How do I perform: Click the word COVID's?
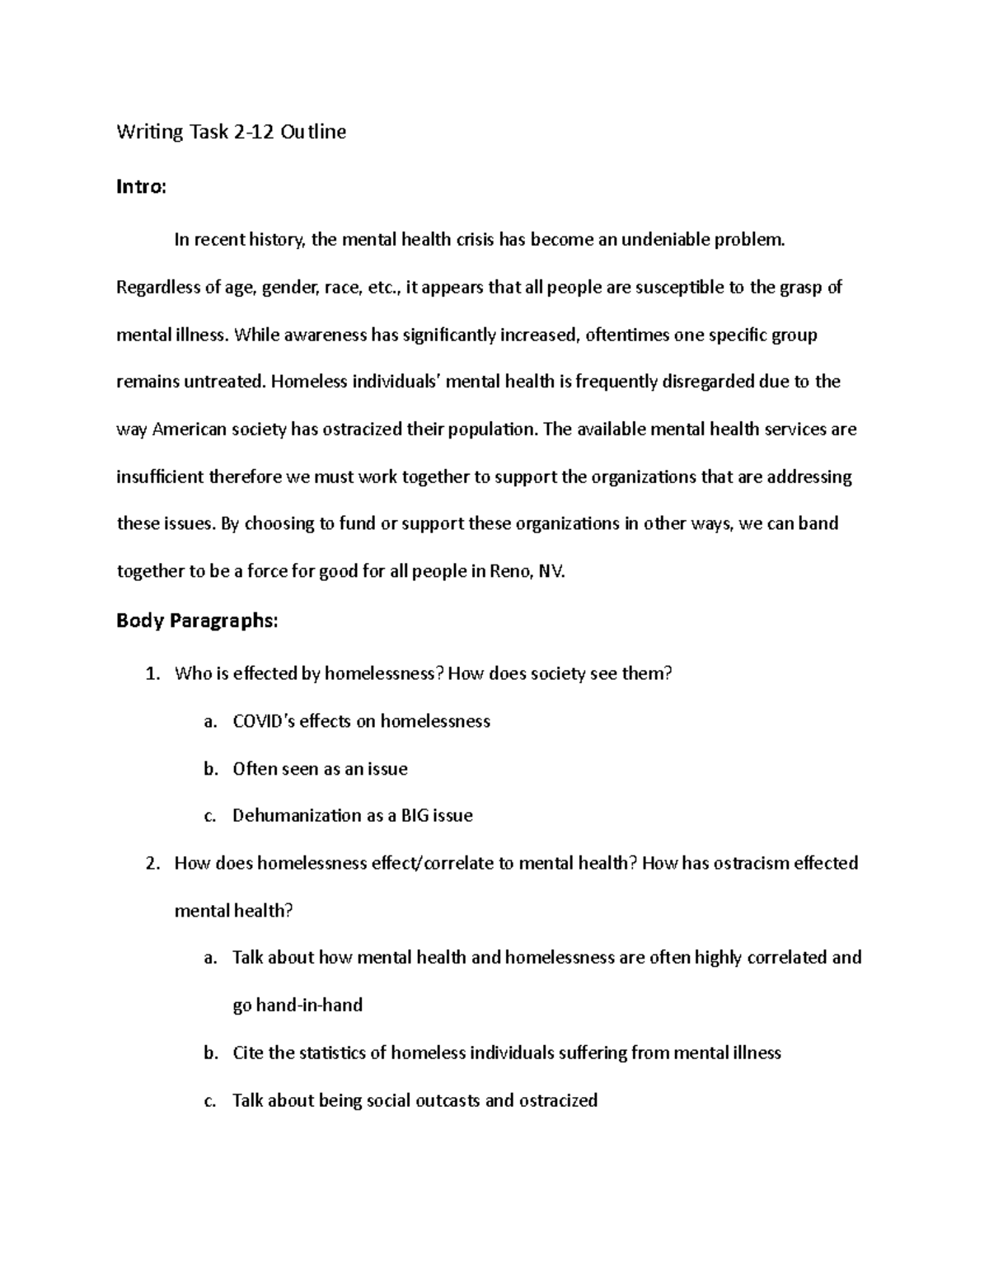click(x=264, y=721)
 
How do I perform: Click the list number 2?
click(x=151, y=864)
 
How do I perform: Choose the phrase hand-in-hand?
click(x=309, y=1006)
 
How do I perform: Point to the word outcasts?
click(x=439, y=1100)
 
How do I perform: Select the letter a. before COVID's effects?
click(x=210, y=722)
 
